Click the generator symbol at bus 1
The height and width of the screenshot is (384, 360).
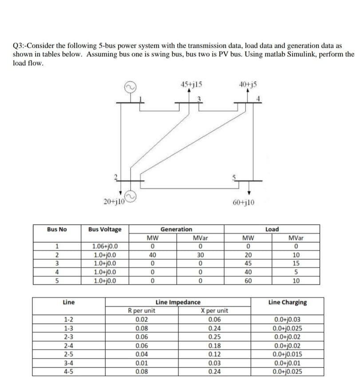131,87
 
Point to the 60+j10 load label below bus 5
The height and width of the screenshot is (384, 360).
243,203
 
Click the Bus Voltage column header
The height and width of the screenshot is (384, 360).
105,229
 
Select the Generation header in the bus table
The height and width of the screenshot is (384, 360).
176,229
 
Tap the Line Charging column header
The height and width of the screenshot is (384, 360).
287,302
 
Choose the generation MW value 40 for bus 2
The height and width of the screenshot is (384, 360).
152,255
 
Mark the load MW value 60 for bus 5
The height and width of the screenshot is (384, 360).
249,281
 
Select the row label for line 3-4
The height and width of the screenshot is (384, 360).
68,362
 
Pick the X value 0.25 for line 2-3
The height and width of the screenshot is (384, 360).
214,336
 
